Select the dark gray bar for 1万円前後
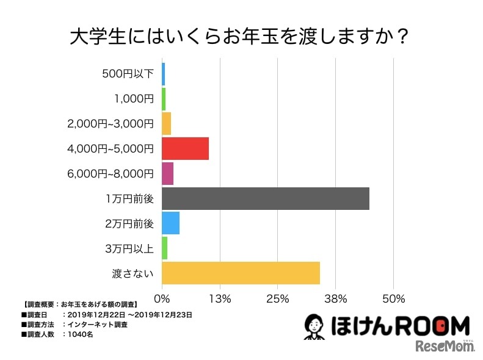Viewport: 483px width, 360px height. (265, 198)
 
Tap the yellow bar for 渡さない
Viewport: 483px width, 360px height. (241, 273)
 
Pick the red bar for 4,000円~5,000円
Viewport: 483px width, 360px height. (185, 148)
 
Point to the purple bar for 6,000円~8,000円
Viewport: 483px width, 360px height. (167, 173)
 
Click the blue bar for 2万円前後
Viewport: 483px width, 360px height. (170, 223)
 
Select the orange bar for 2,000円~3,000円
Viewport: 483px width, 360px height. (166, 124)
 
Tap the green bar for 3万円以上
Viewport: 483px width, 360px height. (164, 248)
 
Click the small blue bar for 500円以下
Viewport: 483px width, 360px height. (163, 74)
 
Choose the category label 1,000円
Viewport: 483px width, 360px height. (134, 99)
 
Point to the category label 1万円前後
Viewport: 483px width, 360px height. (129, 198)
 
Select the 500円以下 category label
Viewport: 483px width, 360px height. (128, 74)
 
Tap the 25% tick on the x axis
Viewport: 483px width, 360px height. (277, 299)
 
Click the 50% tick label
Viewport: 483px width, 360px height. (393, 299)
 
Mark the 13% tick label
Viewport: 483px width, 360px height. (219, 299)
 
